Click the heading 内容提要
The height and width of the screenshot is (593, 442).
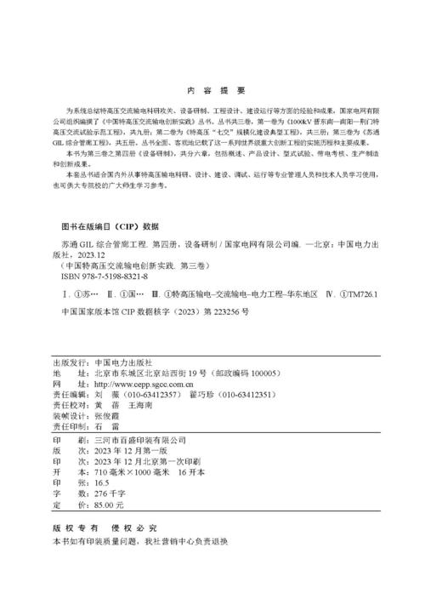click(221, 88)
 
